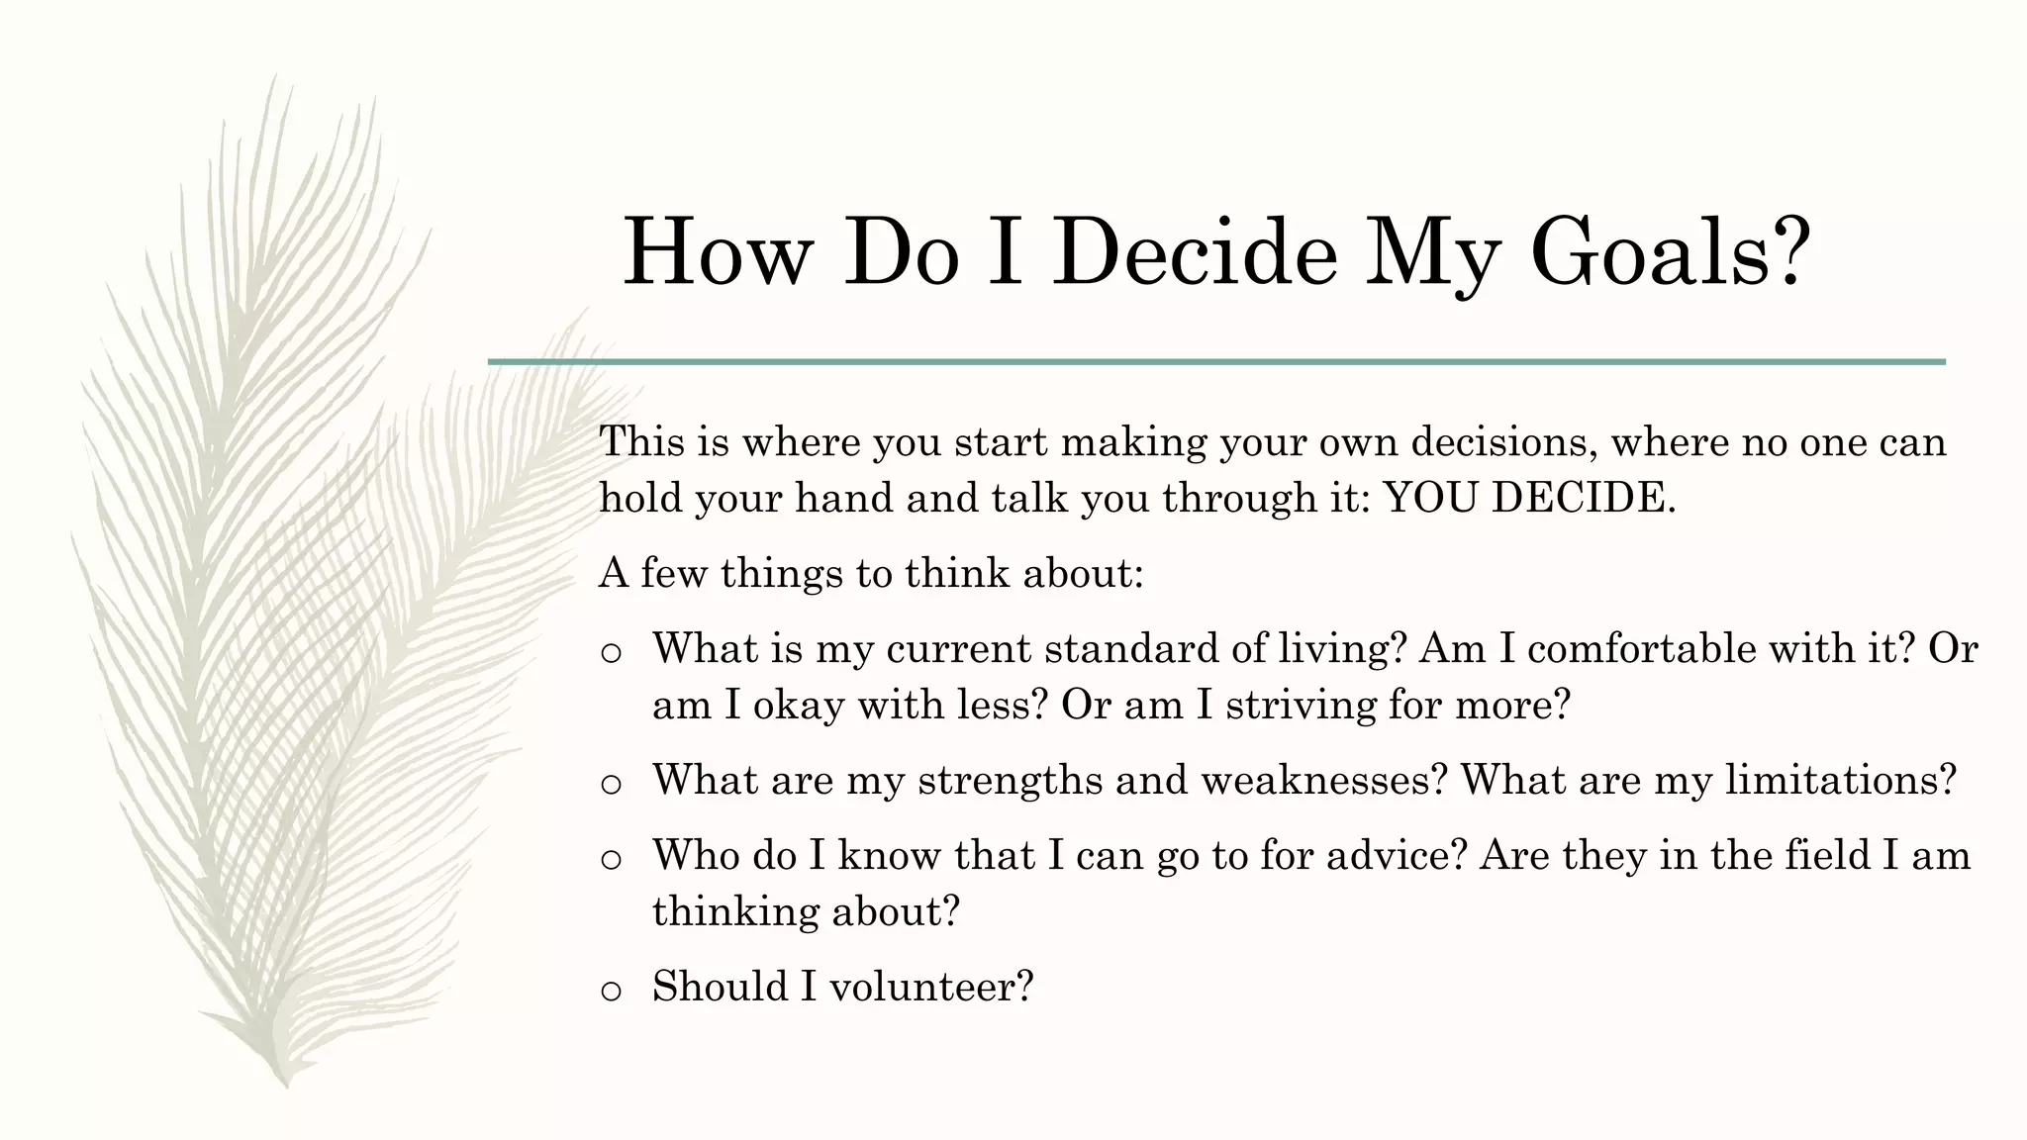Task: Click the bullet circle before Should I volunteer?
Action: click(x=611, y=990)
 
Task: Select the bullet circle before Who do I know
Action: click(x=611, y=859)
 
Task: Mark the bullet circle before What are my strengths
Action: click(x=611, y=784)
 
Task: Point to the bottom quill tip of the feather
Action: click(x=285, y=1083)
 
